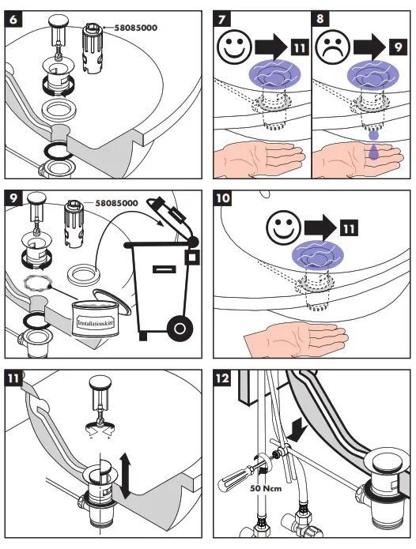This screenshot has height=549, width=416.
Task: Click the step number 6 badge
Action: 13,19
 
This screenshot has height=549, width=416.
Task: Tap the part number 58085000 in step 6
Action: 135,28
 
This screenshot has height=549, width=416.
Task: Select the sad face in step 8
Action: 333,47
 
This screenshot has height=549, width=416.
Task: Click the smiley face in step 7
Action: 234,47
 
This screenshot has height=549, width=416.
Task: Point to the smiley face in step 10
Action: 283,228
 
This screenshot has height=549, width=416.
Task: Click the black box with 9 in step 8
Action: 398,47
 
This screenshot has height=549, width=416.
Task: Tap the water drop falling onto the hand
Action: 373,152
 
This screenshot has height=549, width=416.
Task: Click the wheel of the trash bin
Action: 180,329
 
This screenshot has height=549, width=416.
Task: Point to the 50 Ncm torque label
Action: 266,488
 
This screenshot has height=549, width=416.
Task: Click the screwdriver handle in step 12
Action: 233,478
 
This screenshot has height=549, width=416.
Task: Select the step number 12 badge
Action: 222,378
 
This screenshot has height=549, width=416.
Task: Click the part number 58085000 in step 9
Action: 116,203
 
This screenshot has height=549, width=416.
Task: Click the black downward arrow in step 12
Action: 297,431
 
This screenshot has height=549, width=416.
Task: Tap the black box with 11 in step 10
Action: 349,228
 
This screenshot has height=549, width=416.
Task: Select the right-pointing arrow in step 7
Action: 271,47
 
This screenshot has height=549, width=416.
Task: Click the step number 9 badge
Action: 13,198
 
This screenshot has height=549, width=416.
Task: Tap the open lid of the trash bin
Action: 172,218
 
